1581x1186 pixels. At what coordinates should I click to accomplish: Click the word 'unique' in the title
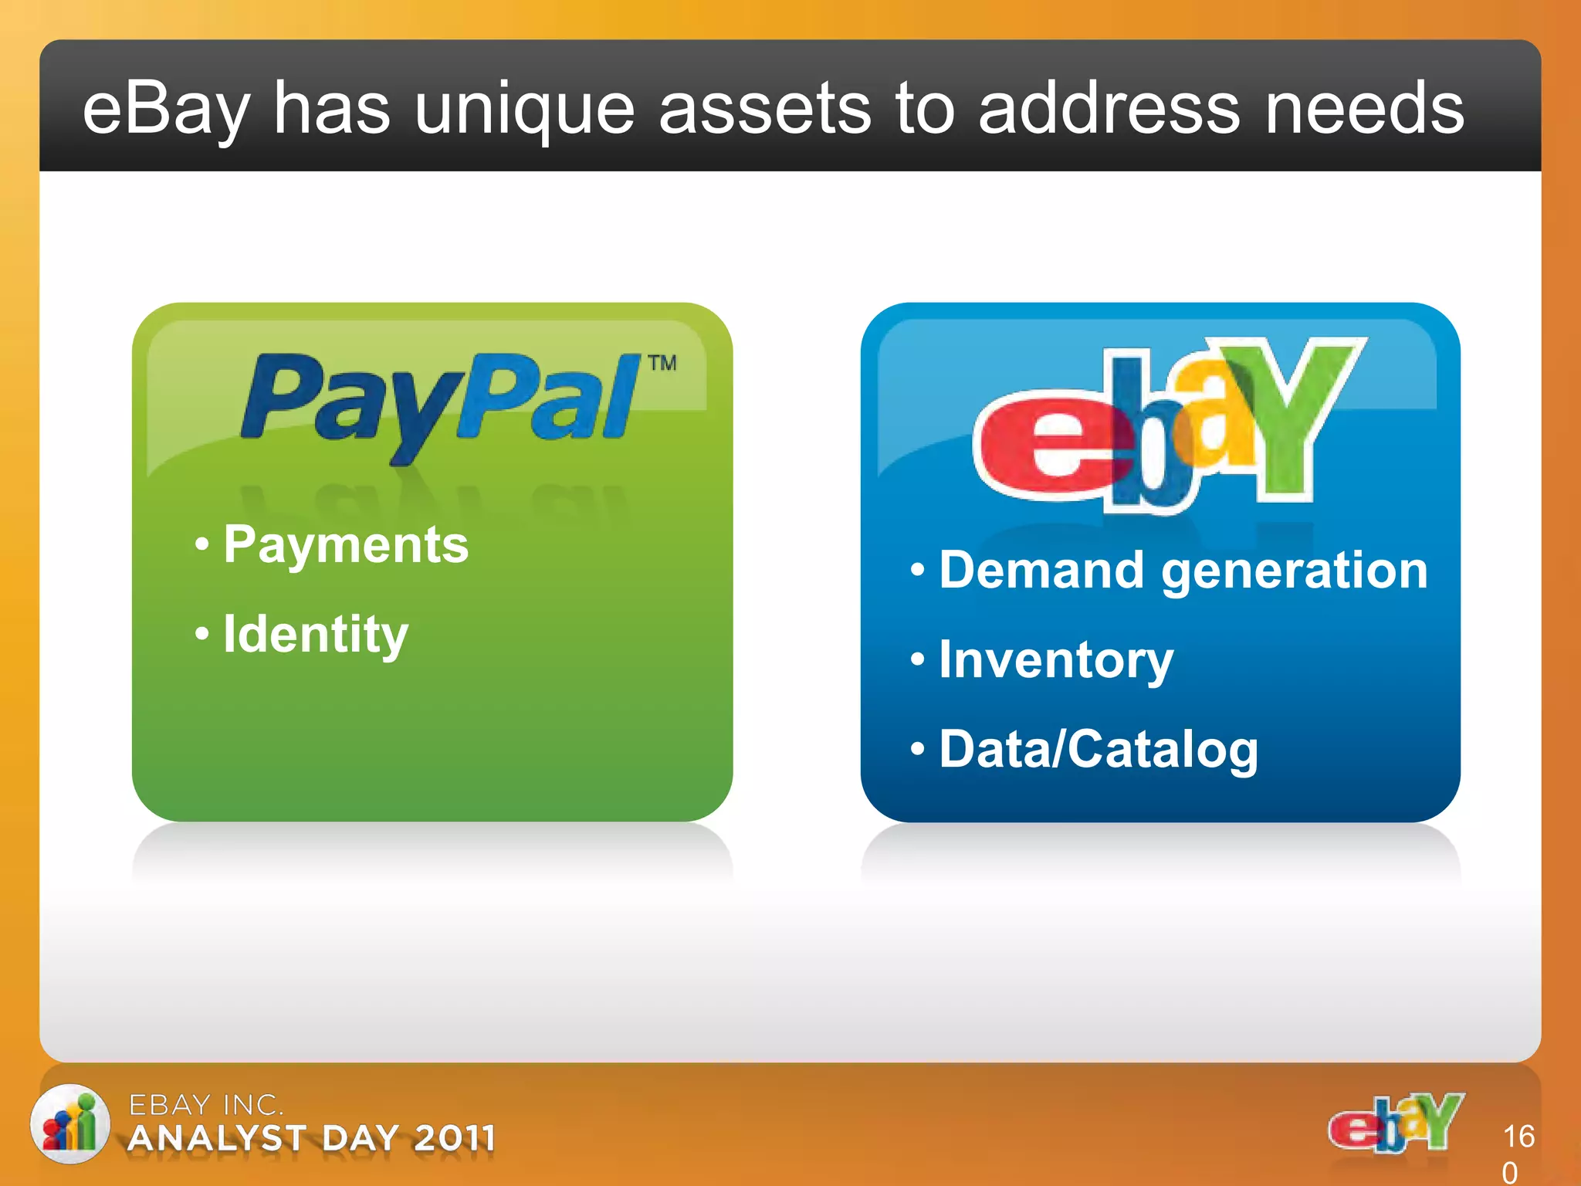(x=524, y=110)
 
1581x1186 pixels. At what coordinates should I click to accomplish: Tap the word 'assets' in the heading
(x=763, y=110)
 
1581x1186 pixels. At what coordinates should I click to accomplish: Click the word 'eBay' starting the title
(x=166, y=110)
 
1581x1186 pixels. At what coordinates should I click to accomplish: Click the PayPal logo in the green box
(x=440, y=402)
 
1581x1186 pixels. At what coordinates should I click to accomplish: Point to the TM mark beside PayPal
(x=662, y=363)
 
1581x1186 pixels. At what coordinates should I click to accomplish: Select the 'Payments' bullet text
(x=346, y=544)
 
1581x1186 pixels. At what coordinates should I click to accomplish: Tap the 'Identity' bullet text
(x=315, y=634)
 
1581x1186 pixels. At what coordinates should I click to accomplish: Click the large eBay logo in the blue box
(x=1166, y=425)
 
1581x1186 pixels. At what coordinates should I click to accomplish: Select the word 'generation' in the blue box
(x=1295, y=571)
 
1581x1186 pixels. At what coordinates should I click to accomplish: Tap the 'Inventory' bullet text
(x=1055, y=660)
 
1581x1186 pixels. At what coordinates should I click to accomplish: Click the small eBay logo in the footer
(x=1395, y=1123)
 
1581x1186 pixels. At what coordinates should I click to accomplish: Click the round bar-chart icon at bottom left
(x=69, y=1123)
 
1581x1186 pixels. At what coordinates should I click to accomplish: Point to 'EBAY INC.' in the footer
(x=205, y=1105)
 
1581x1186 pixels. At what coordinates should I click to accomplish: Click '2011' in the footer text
(x=453, y=1139)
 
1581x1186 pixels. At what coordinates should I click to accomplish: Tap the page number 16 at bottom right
(x=1518, y=1137)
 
